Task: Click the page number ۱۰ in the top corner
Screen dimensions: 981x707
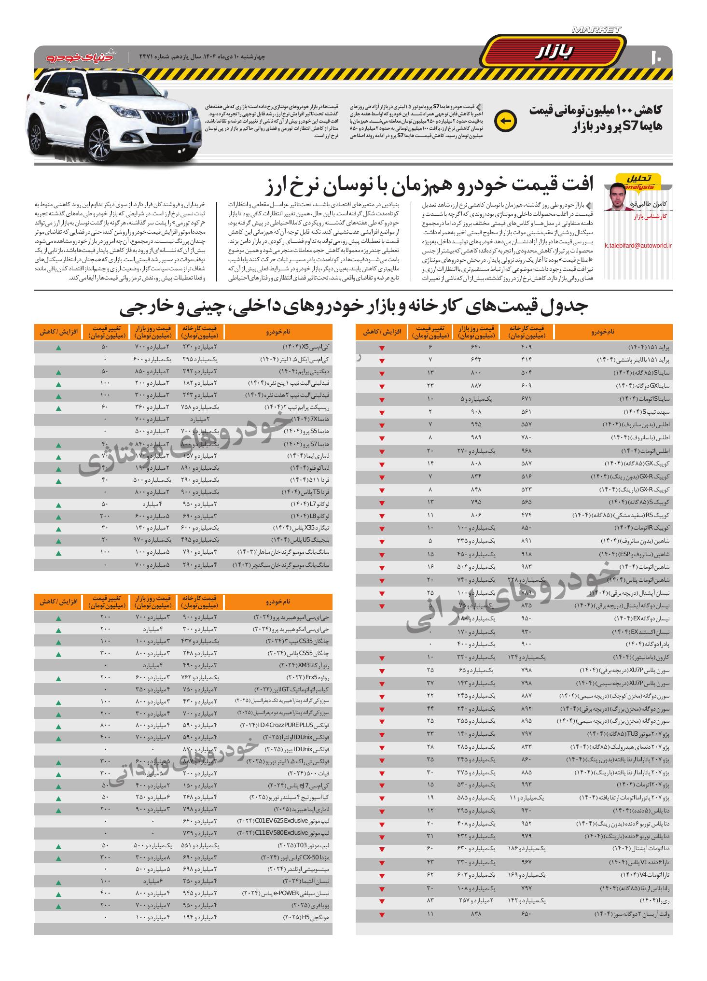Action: click(x=657, y=56)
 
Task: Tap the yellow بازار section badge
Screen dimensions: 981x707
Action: click(x=555, y=52)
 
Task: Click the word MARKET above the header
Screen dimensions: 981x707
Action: click(x=596, y=30)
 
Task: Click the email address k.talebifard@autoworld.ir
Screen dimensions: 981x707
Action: click(x=638, y=246)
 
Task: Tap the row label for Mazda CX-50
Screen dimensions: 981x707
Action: click(x=295, y=856)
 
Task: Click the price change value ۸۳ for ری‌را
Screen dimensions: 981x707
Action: click(x=430, y=901)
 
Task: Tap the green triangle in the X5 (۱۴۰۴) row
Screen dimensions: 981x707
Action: click(x=58, y=348)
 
